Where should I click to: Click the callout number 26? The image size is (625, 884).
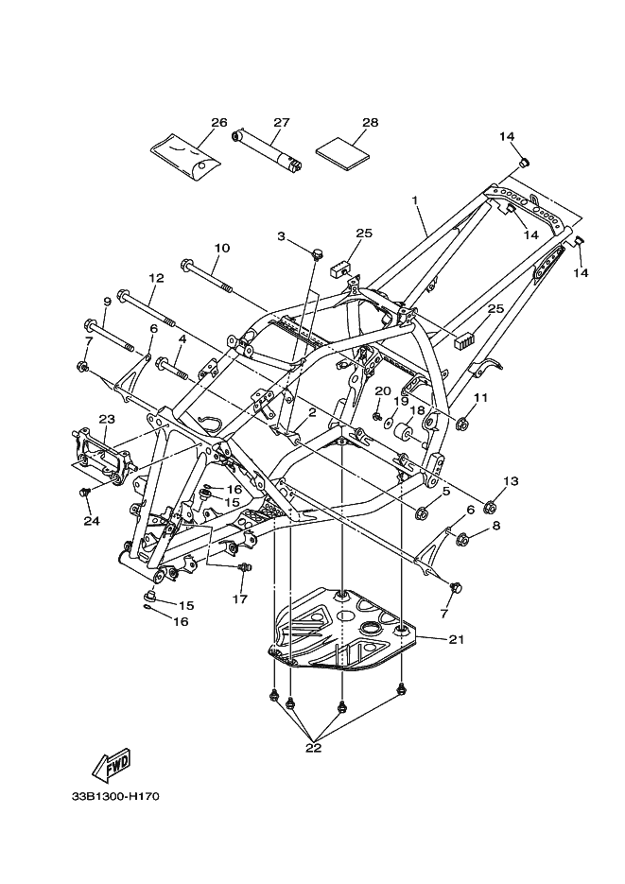coord(219,123)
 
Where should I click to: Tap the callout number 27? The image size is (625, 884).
coord(281,123)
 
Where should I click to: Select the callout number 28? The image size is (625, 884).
coord(370,123)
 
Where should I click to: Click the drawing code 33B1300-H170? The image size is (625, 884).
coord(113,796)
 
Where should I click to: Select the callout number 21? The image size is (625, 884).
coord(457,640)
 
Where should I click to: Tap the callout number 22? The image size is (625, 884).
coord(313,747)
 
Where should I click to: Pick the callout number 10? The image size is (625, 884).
coord(221,249)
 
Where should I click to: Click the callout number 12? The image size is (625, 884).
coord(156,278)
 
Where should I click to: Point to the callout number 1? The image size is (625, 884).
coord(414,200)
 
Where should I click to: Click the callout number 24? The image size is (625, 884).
coord(91,520)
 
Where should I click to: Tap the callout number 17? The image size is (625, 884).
coord(239,598)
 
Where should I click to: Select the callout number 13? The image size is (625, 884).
coord(510,481)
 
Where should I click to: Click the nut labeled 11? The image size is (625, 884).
coord(463,423)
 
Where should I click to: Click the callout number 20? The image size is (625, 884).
coord(382,390)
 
